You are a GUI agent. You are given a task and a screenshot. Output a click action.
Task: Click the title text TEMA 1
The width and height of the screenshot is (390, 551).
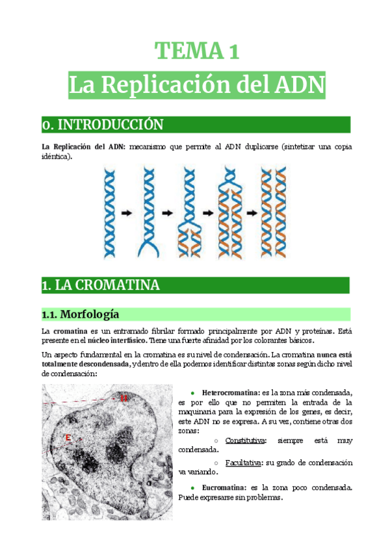click(196, 51)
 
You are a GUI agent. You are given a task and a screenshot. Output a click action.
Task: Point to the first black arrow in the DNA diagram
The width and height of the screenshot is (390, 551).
click(127, 212)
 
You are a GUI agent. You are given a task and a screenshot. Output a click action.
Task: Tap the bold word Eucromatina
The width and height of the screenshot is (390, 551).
click(224, 487)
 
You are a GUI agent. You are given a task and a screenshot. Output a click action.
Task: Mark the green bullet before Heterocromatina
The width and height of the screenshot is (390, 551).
click(193, 394)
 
